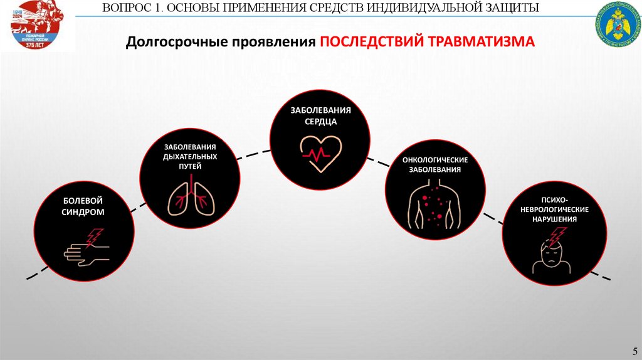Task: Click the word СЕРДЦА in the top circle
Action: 320,122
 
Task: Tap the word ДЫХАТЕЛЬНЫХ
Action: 190,157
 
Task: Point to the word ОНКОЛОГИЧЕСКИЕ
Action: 435,159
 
